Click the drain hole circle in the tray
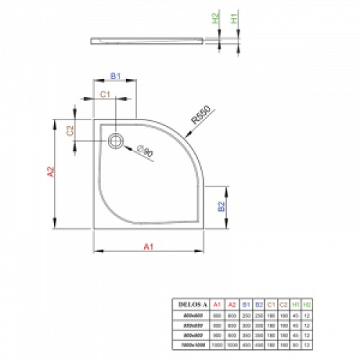(x=115, y=142)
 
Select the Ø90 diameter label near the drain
(x=145, y=152)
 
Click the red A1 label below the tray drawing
(x=149, y=246)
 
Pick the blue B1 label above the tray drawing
(x=114, y=74)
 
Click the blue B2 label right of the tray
(x=222, y=206)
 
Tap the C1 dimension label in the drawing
(x=104, y=94)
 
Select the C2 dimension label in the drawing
(x=71, y=130)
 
